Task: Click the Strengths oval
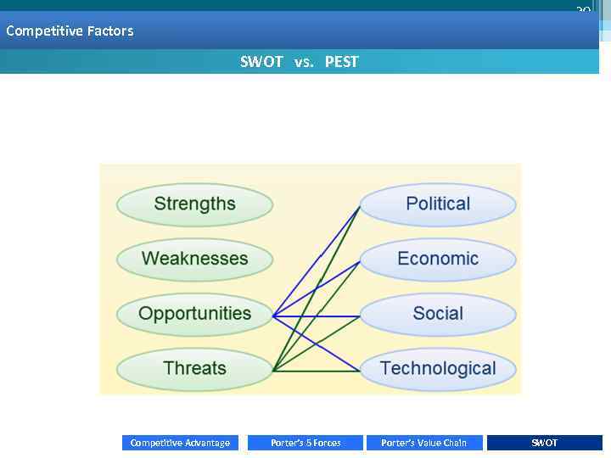194,204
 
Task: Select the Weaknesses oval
194,260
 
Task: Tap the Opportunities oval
194,314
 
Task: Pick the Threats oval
194,369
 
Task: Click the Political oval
438,204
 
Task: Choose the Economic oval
438,260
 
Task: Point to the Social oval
438,314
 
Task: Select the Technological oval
438,369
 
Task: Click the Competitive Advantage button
180,443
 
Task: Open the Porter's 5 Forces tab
305,443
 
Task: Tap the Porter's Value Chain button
423,443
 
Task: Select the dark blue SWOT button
544,443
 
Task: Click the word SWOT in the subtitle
261,62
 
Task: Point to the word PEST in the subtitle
342,62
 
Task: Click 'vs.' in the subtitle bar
304,62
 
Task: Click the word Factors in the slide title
109,31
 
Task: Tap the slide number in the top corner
583,10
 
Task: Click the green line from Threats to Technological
318,371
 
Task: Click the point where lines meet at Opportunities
273,316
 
